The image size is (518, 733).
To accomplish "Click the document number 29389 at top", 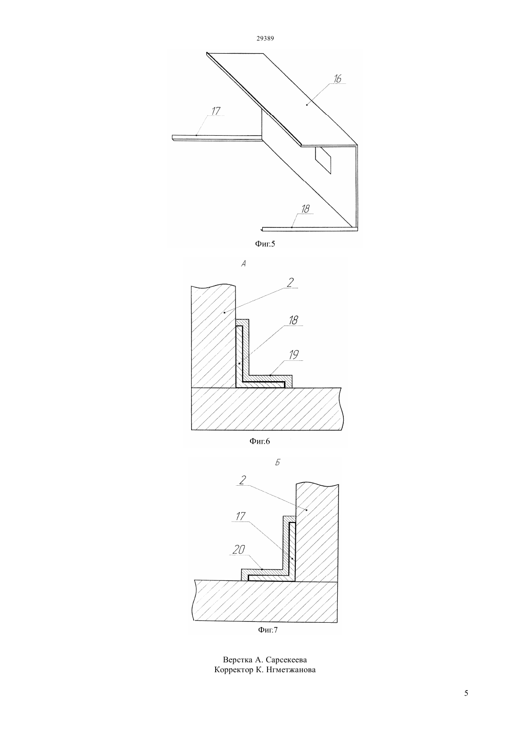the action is pos(265,38).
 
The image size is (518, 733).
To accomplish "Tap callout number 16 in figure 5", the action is pos(338,79).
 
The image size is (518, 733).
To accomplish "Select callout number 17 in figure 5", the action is pos(216,111).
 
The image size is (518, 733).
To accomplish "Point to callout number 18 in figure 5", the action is pos(306,209).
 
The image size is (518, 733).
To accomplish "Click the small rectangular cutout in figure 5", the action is pos(323,160).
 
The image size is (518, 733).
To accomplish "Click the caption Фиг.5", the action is pos(265,244).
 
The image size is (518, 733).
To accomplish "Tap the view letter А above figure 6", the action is pos(243,264).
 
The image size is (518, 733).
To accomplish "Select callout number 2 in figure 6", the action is pos(290,282).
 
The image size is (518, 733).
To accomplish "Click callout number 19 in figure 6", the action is pos(294,355).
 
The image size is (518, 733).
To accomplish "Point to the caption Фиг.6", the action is pos(259,441).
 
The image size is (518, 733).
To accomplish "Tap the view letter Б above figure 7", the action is pos(278,463).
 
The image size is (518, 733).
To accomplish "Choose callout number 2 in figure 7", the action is pos(243,481).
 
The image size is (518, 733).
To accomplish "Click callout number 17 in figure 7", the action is pos(240,516).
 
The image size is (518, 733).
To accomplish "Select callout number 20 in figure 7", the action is pos(239,549).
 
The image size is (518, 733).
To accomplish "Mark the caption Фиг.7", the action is pos(267,630).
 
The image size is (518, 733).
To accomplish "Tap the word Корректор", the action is pos(231,670).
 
